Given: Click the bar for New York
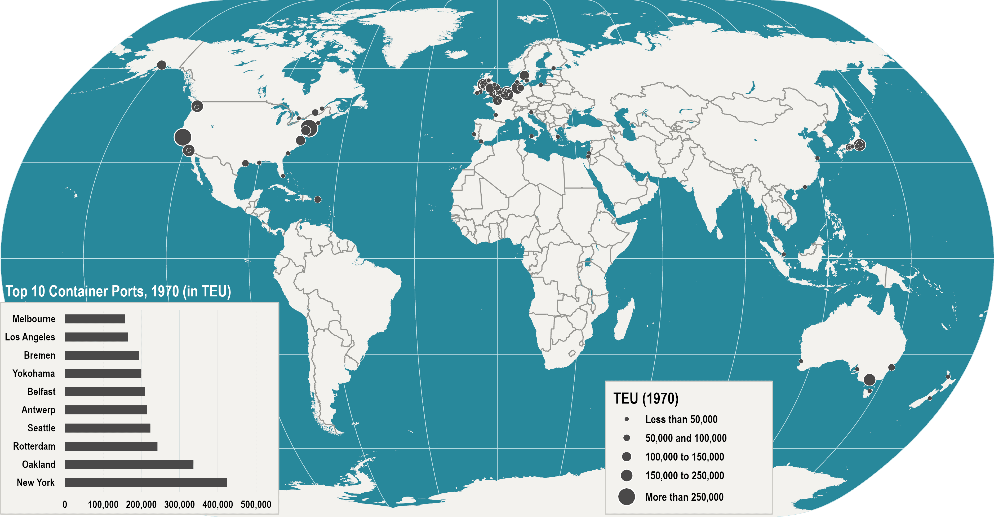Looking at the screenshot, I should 146,482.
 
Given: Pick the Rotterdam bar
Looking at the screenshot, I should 111,446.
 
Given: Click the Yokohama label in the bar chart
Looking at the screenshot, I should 34,373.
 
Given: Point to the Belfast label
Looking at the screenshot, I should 41,392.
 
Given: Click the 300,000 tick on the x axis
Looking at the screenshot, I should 179,504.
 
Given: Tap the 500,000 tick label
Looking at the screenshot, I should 256,504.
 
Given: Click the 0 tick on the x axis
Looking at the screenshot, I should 65,504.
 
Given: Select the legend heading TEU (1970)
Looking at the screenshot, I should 646,398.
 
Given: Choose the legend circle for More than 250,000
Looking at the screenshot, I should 627,497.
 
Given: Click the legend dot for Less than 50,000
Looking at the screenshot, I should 627,419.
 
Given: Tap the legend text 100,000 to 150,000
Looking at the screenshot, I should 685,457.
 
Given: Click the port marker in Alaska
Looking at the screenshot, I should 162,65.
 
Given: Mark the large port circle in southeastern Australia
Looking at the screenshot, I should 869,380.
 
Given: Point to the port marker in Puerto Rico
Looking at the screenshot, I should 318,199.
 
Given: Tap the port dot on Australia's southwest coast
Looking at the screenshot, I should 801,361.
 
